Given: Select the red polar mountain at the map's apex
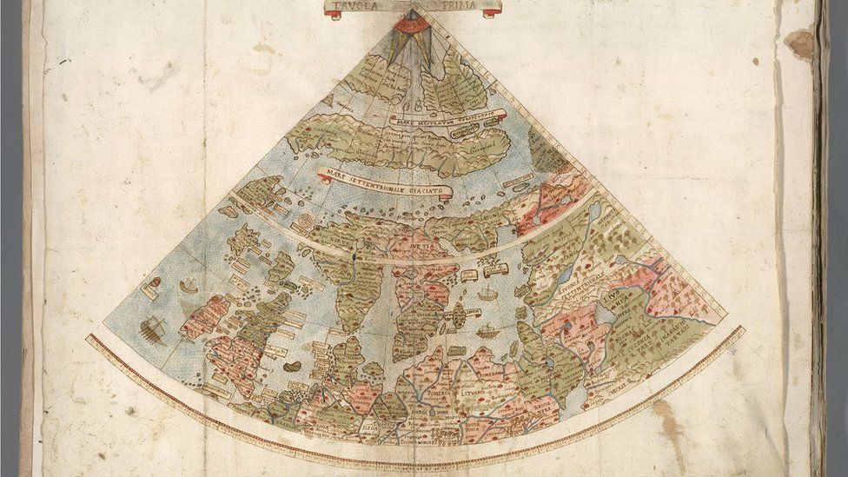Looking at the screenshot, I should tap(410, 23).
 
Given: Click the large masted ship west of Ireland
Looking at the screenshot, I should tap(153, 329).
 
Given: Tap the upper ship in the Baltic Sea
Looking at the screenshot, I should tap(487, 295).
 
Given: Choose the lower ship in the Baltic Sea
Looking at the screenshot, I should tap(487, 331).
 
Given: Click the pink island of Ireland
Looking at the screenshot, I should tap(204, 316).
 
